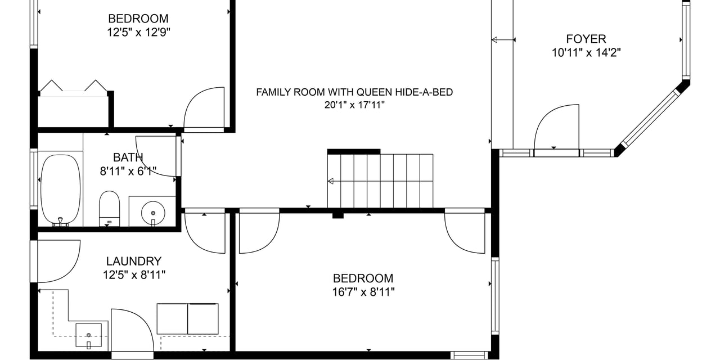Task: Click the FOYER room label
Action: click(586, 39)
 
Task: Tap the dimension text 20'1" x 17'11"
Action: click(354, 105)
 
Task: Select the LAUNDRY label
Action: click(134, 262)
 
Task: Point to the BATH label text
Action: click(128, 157)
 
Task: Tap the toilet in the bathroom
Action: click(109, 208)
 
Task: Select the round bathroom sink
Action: click(153, 213)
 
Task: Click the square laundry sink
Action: click(88, 335)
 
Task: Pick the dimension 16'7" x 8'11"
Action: click(363, 292)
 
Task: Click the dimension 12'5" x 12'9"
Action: click(138, 33)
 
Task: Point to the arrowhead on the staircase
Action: click(330, 181)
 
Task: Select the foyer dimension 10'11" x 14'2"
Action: click(586, 53)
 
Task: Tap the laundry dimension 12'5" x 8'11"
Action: click(134, 275)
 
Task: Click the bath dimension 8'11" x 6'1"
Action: click(128, 172)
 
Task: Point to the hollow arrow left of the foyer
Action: click(503, 40)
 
